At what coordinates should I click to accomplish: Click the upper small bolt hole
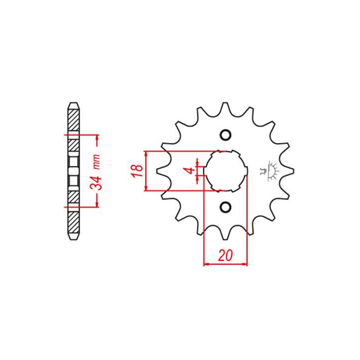pos(225,135)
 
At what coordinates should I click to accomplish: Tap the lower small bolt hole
pos(225,206)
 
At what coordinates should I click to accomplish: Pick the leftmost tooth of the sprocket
pos(161,171)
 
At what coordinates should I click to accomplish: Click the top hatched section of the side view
pos(73,120)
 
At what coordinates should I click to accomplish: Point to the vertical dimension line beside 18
pos(145,170)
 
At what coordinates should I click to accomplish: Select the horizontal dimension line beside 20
pos(225,263)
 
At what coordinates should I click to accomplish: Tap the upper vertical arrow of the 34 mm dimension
pos(98,142)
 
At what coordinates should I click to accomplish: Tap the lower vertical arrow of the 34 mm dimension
pos(98,199)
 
